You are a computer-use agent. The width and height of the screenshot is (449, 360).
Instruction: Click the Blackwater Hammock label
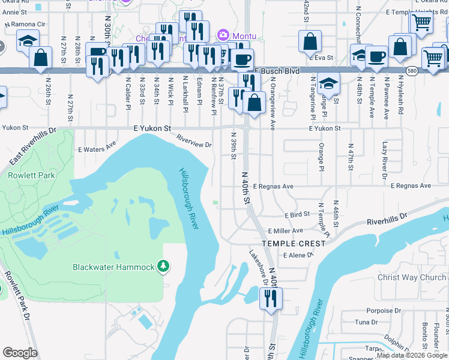click(113, 267)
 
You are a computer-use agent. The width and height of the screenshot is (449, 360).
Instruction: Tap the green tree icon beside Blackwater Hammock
click(163, 266)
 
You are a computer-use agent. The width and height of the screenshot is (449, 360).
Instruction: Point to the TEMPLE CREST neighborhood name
click(288, 244)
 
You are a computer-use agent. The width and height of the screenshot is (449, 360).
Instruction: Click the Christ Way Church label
click(412, 277)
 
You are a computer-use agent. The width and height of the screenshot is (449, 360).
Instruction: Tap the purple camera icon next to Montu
click(223, 35)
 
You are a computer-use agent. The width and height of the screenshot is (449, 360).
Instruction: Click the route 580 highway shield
click(411, 70)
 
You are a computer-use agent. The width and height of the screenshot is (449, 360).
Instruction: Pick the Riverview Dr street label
click(194, 140)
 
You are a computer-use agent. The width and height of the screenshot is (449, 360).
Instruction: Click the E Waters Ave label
click(97, 146)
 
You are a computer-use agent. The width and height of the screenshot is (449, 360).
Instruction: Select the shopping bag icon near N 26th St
click(40, 58)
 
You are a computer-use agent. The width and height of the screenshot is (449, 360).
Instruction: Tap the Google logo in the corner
click(20, 353)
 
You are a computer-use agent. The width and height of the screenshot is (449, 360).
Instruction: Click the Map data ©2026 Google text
click(411, 355)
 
